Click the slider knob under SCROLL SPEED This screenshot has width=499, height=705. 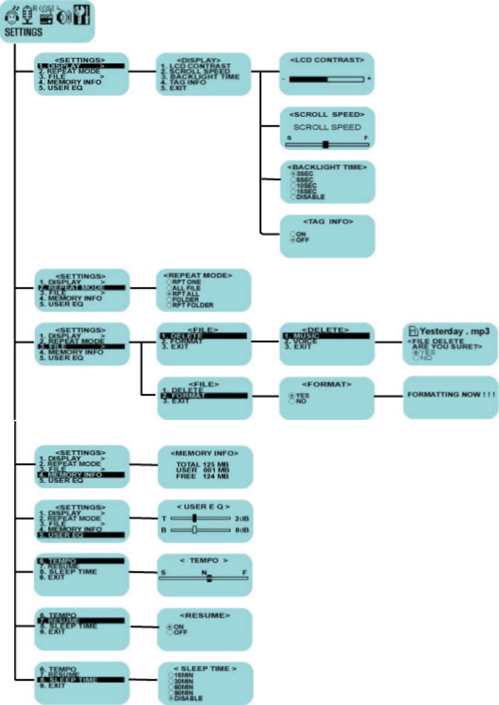click(325, 145)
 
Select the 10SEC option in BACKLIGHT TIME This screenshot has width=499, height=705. click(305, 185)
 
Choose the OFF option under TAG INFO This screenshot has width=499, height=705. click(301, 240)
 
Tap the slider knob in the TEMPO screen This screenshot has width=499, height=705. click(209, 577)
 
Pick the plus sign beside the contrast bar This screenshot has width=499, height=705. click(369, 80)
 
